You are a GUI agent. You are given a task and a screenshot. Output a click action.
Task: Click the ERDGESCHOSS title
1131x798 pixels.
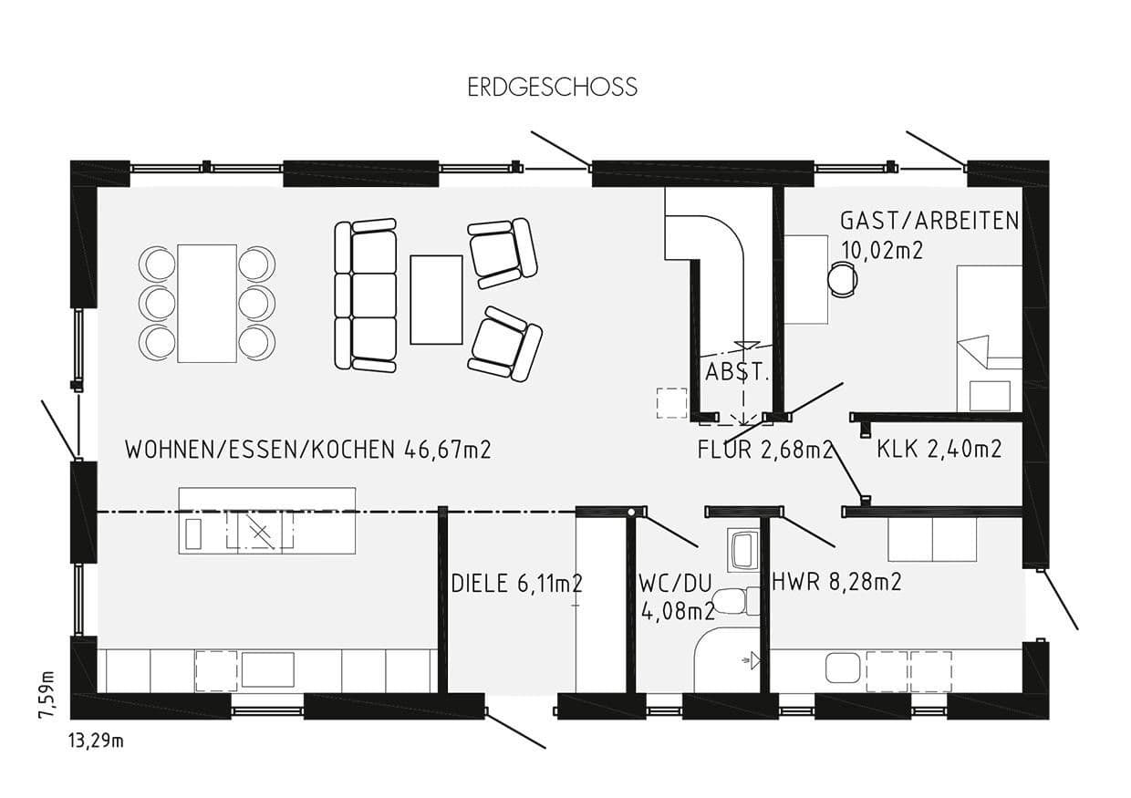click(552, 88)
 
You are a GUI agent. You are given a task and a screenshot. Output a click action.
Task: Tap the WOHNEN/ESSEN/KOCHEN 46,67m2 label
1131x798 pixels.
click(307, 450)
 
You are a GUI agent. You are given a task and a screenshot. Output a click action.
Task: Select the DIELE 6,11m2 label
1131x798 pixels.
click(516, 584)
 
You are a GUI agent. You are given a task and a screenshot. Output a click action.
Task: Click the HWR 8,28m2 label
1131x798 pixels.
click(836, 582)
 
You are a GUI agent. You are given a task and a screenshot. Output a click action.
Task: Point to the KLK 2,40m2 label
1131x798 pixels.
click(939, 449)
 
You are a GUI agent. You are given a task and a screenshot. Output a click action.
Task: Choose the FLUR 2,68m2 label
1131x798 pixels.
click(764, 450)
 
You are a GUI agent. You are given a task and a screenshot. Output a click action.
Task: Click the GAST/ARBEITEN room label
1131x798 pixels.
click(929, 221)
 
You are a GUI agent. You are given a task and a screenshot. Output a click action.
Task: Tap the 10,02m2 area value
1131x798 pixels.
click(881, 250)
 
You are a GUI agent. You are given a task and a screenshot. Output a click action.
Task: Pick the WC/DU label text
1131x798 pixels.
click(676, 584)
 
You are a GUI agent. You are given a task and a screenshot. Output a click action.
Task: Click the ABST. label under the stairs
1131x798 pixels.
click(737, 373)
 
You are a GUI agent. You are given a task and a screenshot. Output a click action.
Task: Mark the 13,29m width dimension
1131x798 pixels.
click(96, 741)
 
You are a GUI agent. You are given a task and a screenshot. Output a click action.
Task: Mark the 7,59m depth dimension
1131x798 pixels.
click(47, 695)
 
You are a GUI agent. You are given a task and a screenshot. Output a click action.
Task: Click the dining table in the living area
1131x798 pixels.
click(207, 303)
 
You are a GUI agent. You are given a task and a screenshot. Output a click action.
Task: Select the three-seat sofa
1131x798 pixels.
click(365, 295)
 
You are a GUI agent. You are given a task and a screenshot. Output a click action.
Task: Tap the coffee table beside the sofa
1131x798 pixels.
click(436, 299)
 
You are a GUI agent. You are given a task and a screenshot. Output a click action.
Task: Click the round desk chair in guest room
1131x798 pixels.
click(842, 279)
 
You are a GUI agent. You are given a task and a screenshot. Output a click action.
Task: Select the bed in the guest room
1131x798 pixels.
click(989, 337)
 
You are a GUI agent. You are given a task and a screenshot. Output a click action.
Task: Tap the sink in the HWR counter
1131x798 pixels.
click(844, 668)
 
